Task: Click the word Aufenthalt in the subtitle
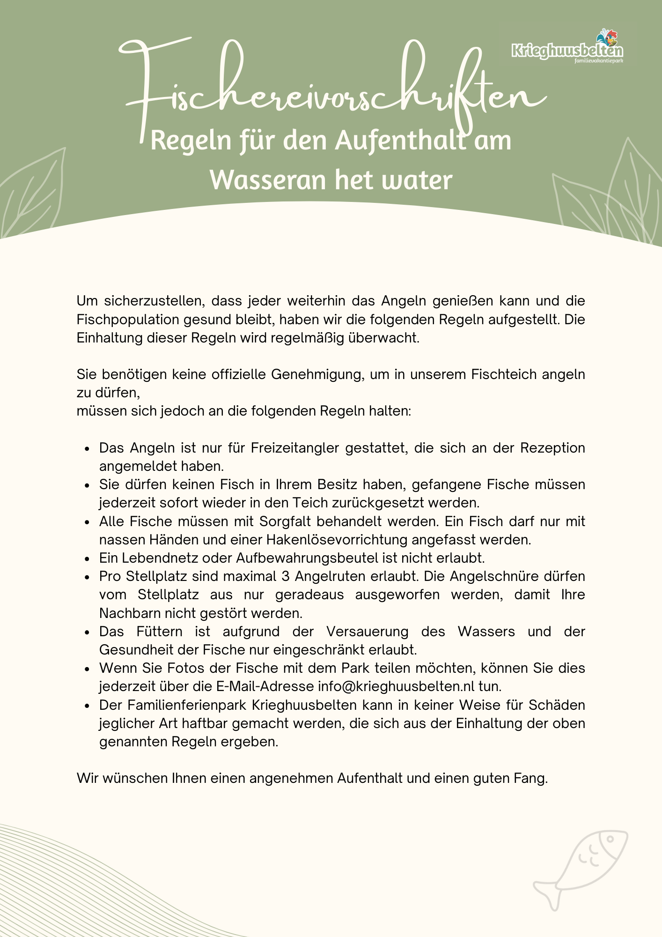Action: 401,141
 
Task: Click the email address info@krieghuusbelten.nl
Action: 396,686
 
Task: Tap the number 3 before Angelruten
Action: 286,576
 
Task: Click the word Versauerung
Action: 368,632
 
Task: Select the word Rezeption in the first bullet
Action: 552,448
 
